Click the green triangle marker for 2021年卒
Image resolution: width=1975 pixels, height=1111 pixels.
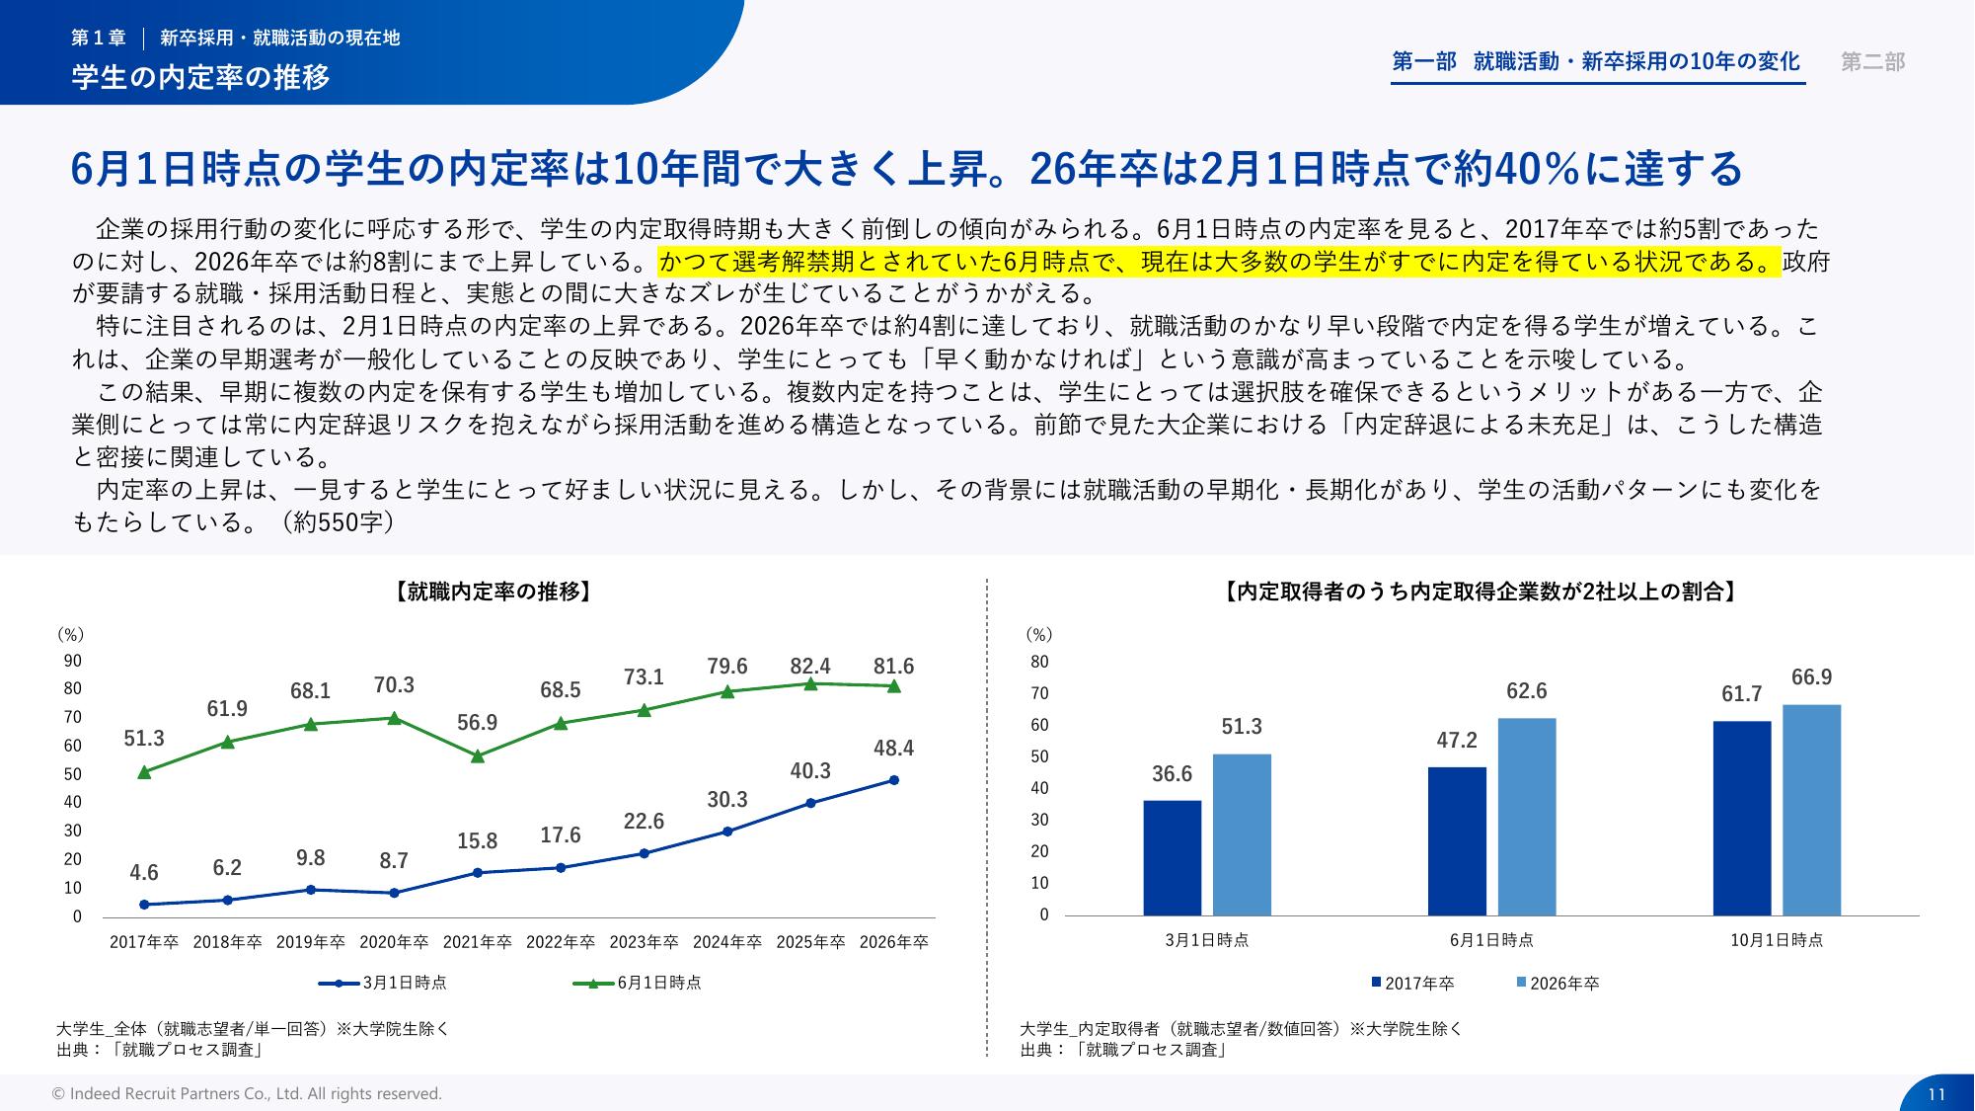pyautogui.click(x=478, y=756)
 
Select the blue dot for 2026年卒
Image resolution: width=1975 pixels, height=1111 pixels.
pyautogui.click(x=893, y=780)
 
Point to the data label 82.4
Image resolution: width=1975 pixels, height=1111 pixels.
pyautogui.click(x=810, y=667)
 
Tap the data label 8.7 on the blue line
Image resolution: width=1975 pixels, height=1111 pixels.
pyautogui.click(x=394, y=861)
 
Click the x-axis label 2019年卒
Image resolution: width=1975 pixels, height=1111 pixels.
pyautogui.click(x=310, y=942)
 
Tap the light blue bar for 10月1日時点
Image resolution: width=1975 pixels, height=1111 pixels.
pyautogui.click(x=1811, y=810)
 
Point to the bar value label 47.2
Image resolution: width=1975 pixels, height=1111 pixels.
pyautogui.click(x=1456, y=741)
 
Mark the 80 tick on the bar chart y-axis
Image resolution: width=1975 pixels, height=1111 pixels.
pyautogui.click(x=1039, y=662)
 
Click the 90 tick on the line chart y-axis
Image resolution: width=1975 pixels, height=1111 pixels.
pyautogui.click(x=73, y=661)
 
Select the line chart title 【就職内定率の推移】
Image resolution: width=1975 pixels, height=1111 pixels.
pyautogui.click(x=493, y=593)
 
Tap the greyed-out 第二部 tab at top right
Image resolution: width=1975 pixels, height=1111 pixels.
pyautogui.click(x=1872, y=62)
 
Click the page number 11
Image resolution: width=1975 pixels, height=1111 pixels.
pyautogui.click(x=1936, y=1094)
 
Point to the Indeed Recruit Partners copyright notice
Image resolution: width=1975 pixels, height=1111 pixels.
pyautogui.click(x=247, y=1094)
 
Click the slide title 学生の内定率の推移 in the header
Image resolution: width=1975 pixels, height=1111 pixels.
pyautogui.click(x=200, y=77)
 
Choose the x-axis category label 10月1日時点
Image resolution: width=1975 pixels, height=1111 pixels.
pyautogui.click(x=1776, y=940)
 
